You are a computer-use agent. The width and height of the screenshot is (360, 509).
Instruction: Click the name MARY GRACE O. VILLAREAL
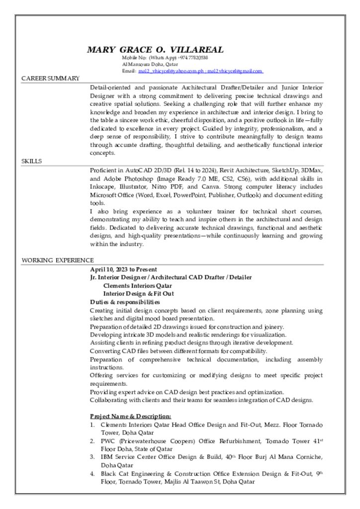click(155, 50)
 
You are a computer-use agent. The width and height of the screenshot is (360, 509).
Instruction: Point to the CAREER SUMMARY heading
click(50, 79)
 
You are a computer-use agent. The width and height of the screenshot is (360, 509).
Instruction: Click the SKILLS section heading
click(31, 162)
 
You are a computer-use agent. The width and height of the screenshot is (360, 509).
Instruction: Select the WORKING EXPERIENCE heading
click(57, 260)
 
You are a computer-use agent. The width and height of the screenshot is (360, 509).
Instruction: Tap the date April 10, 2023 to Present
click(123, 269)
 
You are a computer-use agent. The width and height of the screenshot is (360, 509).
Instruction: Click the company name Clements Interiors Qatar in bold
click(137, 286)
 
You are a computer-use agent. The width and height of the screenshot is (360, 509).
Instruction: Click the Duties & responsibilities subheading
click(125, 302)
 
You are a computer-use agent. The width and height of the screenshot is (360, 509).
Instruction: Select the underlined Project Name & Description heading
click(130, 416)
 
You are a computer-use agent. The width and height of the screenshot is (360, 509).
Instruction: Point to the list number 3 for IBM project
click(92, 457)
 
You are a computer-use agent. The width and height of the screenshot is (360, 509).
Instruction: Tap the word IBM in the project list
click(106, 457)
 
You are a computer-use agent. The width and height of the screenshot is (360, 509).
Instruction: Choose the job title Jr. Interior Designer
click(118, 277)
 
